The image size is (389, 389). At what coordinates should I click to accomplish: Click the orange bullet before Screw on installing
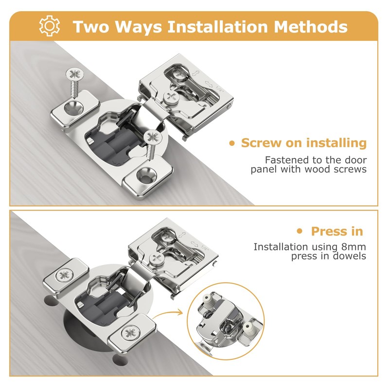pos(232,143)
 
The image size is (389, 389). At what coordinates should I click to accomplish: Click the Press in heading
pos(337,231)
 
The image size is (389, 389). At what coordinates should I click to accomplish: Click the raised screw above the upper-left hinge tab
pos(74,80)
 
